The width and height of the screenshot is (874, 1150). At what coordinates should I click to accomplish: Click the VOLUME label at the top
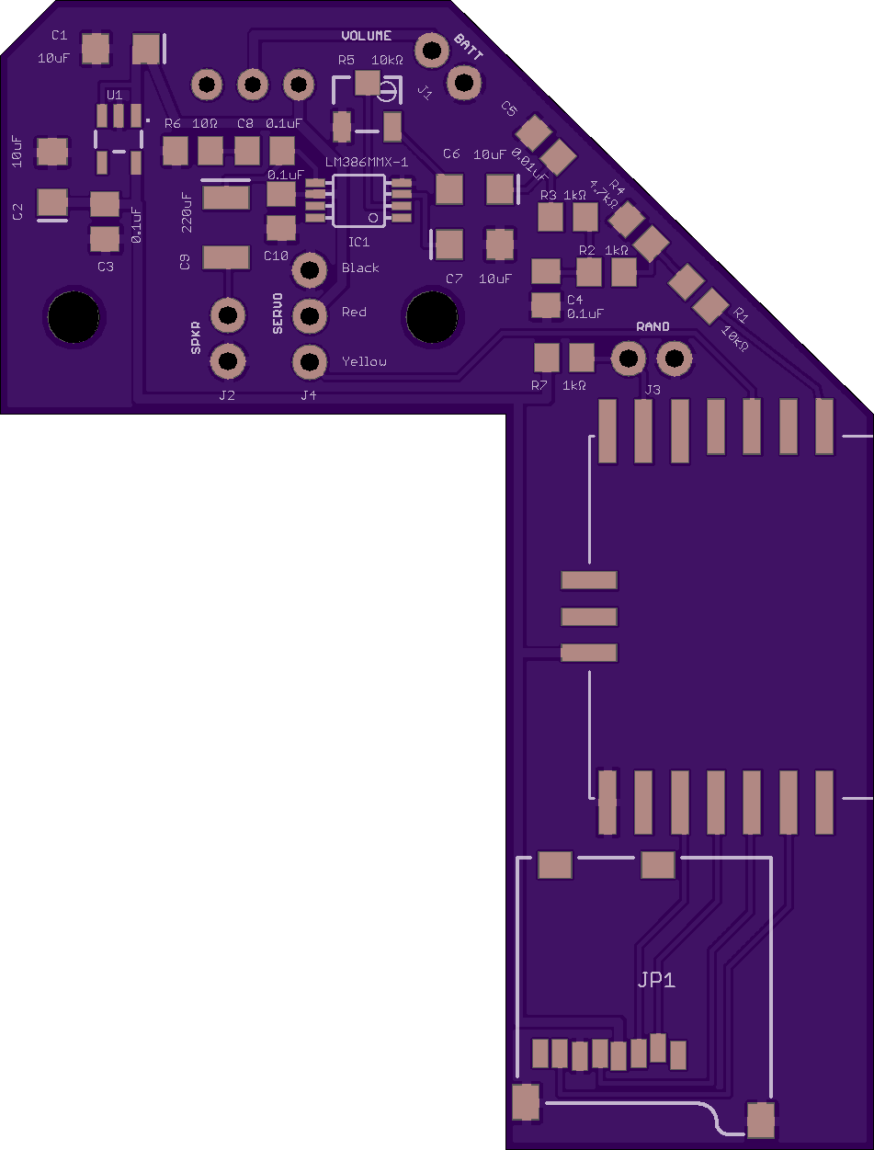point(366,36)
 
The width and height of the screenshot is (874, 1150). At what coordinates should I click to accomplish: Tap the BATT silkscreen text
point(468,47)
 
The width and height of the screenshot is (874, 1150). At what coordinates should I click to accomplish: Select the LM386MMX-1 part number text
point(367,162)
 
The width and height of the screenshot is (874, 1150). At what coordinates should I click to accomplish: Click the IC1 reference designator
point(358,242)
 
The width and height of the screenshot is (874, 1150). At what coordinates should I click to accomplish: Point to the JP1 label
point(656,980)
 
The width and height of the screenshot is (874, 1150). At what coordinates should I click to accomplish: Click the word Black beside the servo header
point(360,268)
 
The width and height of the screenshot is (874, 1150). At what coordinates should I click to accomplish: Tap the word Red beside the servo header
point(354,313)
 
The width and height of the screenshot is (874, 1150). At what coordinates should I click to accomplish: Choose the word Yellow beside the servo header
point(364,361)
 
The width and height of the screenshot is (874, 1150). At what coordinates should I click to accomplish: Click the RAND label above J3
point(653,327)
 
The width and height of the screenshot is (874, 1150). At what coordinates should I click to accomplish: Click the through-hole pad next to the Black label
point(310,270)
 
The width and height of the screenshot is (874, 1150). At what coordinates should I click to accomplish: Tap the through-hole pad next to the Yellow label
point(310,360)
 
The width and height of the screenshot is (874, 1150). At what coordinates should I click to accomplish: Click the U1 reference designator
point(114,96)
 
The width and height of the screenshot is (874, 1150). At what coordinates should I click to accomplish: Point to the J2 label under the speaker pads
point(226,395)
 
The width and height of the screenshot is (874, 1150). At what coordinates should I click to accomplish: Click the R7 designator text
point(539,386)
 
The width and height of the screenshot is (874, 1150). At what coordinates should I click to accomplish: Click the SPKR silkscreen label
point(195,338)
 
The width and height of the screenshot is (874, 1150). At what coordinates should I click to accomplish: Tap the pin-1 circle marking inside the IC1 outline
point(373,218)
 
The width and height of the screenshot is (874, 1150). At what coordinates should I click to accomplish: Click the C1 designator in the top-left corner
point(60,35)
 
